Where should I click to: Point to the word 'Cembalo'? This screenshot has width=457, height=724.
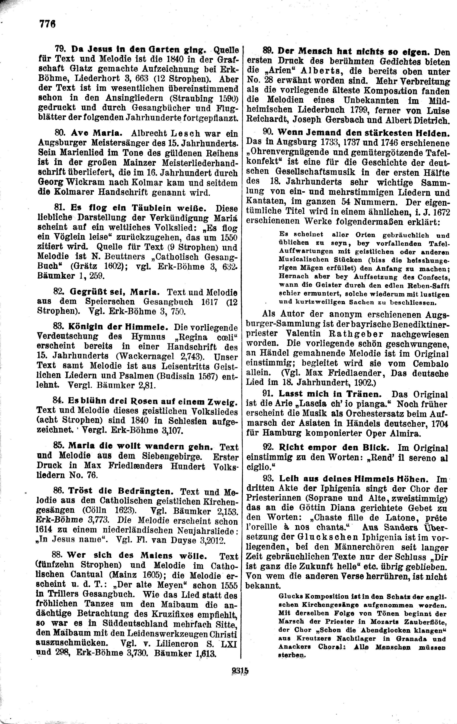[430, 364]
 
